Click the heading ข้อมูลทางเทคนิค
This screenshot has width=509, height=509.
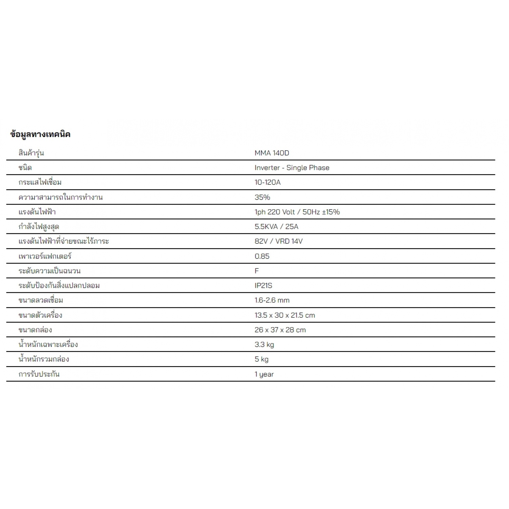coord(40,134)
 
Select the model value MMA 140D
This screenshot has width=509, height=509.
coord(272,153)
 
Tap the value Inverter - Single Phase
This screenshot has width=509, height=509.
coord(292,168)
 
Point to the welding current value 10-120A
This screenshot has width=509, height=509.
coord(267,182)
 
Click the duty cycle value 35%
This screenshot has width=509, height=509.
coord(262,197)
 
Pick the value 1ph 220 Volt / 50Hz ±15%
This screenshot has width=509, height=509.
coord(297,212)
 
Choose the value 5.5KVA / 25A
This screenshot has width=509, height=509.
coord(276,227)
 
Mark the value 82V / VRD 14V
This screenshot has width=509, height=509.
coord(278,241)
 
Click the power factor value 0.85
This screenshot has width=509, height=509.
coord(262,256)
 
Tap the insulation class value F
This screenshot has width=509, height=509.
coord(257,271)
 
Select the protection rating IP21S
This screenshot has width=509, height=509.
coord(263,285)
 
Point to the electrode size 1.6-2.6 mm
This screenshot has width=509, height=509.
coord(272,300)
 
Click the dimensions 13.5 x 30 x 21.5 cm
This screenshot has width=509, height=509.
coord(285,315)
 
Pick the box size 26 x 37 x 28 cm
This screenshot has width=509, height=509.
coord(280,330)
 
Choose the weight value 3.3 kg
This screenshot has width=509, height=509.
coord(264,345)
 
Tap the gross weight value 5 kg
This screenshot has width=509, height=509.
coord(261,359)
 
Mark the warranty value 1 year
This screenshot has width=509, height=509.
coord(264,374)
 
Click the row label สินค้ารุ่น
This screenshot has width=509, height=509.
coord(31,153)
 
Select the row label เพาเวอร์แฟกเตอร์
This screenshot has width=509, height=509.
coord(45,256)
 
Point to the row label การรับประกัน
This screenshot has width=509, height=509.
coord(39,374)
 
